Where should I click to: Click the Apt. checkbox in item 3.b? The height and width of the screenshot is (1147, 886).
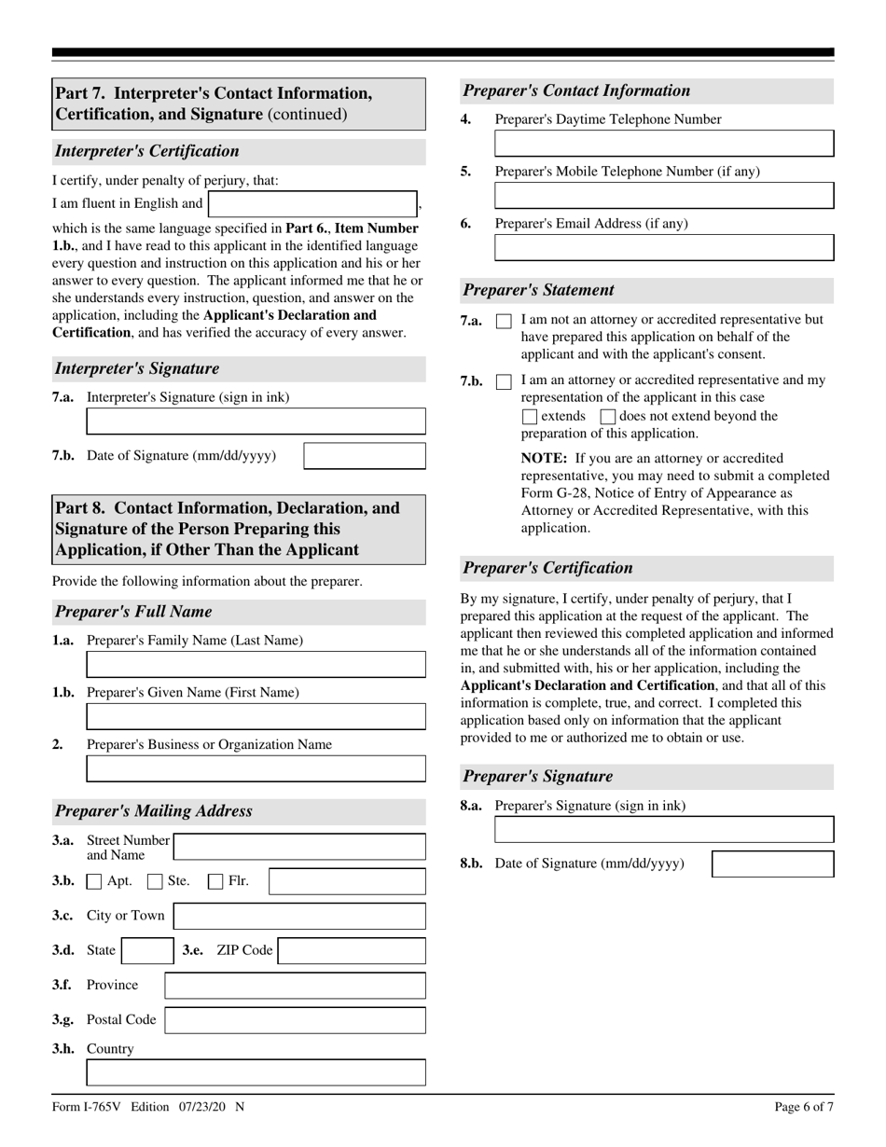94,881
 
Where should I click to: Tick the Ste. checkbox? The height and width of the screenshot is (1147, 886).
156,881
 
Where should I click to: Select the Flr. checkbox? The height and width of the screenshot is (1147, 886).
215,881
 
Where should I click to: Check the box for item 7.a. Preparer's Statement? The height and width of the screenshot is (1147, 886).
504,321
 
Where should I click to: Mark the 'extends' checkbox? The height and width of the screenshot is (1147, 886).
530,417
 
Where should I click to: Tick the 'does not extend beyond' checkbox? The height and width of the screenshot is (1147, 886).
608,417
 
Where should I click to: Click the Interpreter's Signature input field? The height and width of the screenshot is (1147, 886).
256,421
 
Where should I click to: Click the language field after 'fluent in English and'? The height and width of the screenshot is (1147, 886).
312,204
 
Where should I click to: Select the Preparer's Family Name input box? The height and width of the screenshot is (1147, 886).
256,664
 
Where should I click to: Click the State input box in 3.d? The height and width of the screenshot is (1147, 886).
146,951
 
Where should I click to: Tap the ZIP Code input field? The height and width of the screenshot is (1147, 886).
352,951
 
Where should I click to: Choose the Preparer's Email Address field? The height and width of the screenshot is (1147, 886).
664,247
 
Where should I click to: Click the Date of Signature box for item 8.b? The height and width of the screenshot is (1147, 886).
772,864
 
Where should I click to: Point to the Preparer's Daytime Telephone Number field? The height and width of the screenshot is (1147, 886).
664,144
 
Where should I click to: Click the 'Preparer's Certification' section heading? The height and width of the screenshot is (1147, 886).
547,568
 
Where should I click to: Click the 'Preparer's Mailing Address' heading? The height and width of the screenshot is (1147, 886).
153,811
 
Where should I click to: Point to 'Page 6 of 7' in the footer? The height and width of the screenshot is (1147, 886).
804,1107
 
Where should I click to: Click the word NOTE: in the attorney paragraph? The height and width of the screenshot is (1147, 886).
544,458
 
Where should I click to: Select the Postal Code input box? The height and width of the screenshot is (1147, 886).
295,1020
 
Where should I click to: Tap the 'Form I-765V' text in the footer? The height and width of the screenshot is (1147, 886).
89,1107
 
